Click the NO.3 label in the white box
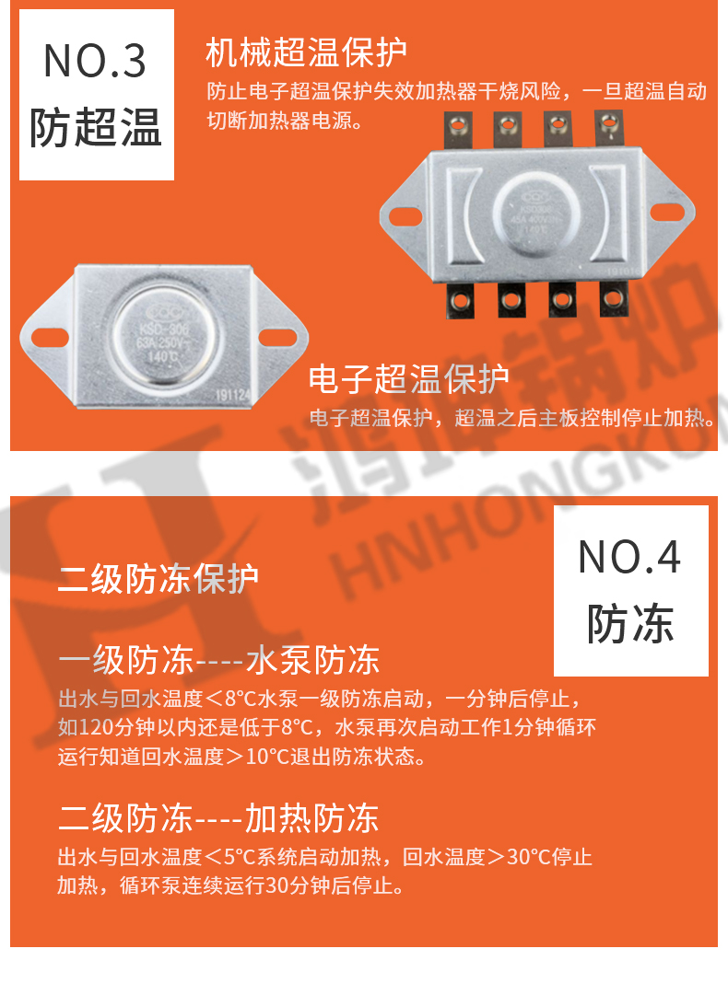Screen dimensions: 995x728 (x=95, y=61)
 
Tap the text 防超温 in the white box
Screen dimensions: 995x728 (x=95, y=127)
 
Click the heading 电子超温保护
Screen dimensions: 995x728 (x=408, y=378)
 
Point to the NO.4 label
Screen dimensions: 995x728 (x=630, y=557)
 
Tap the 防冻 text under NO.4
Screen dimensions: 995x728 (x=630, y=624)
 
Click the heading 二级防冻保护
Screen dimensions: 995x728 (x=159, y=579)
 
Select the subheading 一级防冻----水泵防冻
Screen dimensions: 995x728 (x=218, y=660)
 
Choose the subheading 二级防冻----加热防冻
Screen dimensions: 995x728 (x=218, y=817)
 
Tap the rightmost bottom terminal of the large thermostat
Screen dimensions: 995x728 (x=611, y=296)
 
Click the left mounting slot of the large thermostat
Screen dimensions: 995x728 (x=405, y=216)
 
